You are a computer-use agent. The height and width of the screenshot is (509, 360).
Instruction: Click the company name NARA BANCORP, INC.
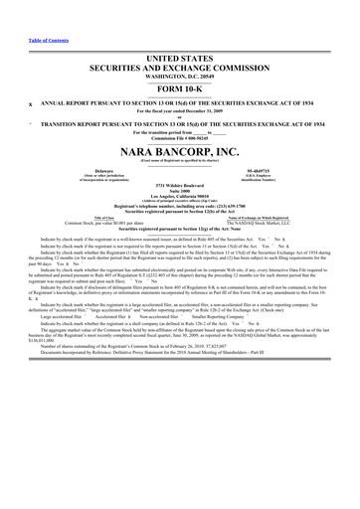[181, 151]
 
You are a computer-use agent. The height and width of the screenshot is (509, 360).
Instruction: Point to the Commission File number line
[181, 137]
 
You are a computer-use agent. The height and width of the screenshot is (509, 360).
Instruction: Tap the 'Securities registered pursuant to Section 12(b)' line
[181, 213]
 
